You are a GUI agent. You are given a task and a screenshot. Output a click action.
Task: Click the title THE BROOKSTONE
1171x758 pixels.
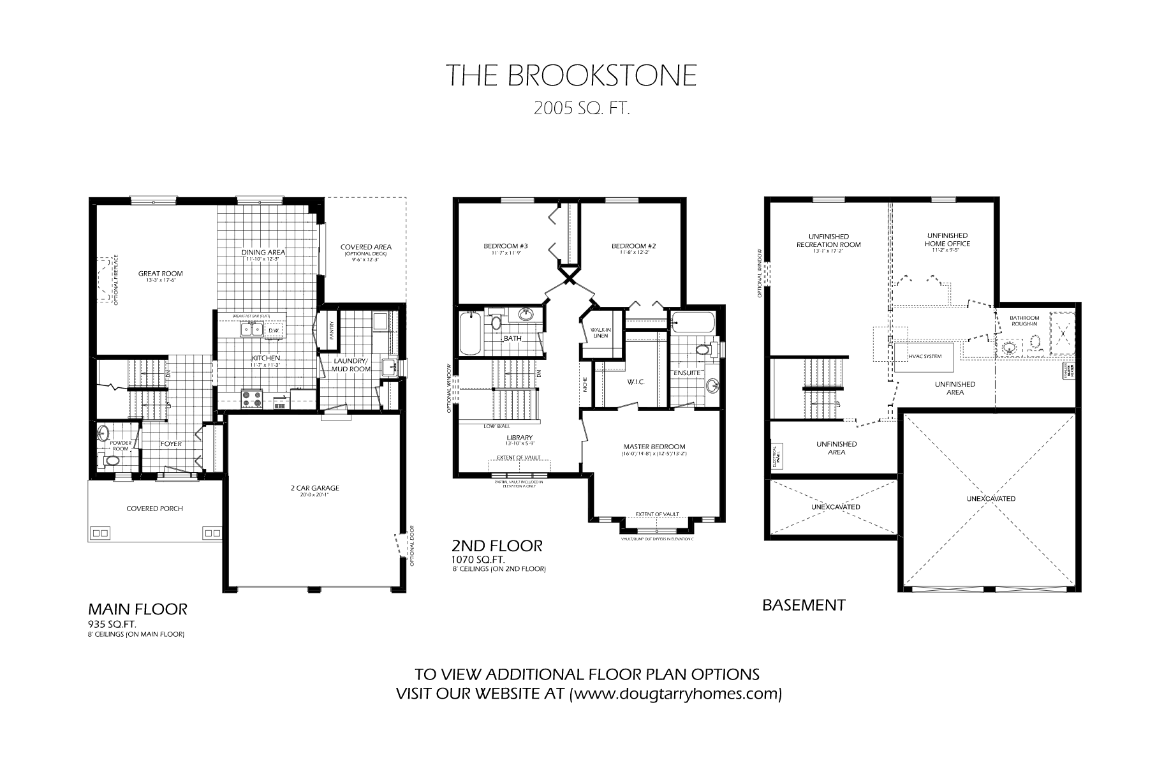tap(571, 75)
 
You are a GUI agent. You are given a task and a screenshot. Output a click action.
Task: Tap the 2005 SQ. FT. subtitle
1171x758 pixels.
tap(582, 109)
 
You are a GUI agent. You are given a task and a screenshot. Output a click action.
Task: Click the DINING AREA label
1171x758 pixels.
tap(263, 252)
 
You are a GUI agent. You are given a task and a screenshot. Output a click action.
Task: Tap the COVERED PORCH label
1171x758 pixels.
tap(154, 509)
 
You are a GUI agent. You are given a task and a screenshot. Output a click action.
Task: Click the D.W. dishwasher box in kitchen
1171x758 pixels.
tap(273, 330)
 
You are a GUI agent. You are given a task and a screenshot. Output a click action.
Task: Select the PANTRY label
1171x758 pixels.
tap(332, 329)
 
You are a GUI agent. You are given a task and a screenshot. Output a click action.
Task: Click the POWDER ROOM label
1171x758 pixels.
tap(120, 445)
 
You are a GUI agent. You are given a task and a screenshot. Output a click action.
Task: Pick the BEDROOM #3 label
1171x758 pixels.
tap(505, 246)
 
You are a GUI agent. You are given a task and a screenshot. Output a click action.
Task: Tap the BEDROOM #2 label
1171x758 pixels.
tap(633, 246)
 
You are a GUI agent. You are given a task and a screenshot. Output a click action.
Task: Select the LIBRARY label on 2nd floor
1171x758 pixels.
tap(519, 438)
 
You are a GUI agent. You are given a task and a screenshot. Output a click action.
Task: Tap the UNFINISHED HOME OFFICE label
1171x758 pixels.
tap(947, 239)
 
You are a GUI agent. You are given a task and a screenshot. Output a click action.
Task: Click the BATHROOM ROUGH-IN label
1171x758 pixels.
tap(1024, 320)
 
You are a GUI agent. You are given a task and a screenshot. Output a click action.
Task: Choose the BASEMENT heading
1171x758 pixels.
tap(804, 605)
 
